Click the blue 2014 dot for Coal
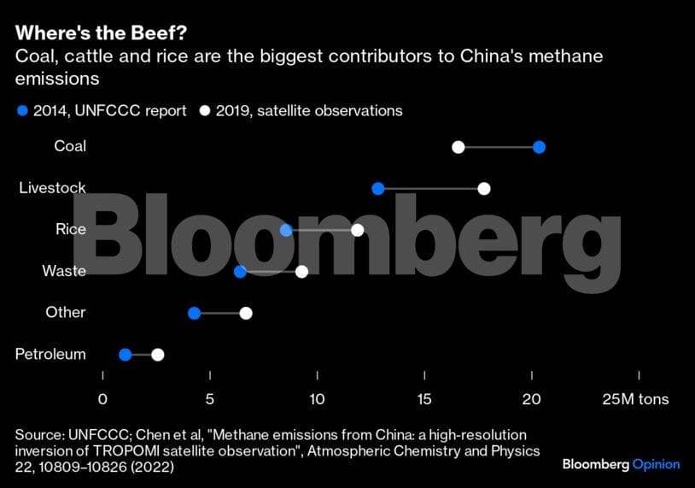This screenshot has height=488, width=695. (539, 147)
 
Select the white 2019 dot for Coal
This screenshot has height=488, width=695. (458, 147)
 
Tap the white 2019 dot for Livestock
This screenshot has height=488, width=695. (484, 188)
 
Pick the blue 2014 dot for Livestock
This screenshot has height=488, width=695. (378, 188)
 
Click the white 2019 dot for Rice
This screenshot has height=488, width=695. (358, 230)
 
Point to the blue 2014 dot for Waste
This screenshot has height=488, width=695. (240, 272)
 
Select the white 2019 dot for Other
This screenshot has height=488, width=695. (246, 313)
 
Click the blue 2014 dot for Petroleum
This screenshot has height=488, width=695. (126, 355)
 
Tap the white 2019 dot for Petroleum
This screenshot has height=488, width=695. (157, 355)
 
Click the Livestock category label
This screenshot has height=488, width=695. (52, 187)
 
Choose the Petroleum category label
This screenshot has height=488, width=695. (50, 354)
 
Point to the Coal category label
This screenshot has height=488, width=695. (70, 146)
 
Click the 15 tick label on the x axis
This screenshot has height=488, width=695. (424, 399)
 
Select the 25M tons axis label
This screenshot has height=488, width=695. (635, 399)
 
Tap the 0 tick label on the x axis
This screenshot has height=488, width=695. (102, 399)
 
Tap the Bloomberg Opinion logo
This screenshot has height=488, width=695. (621, 464)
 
